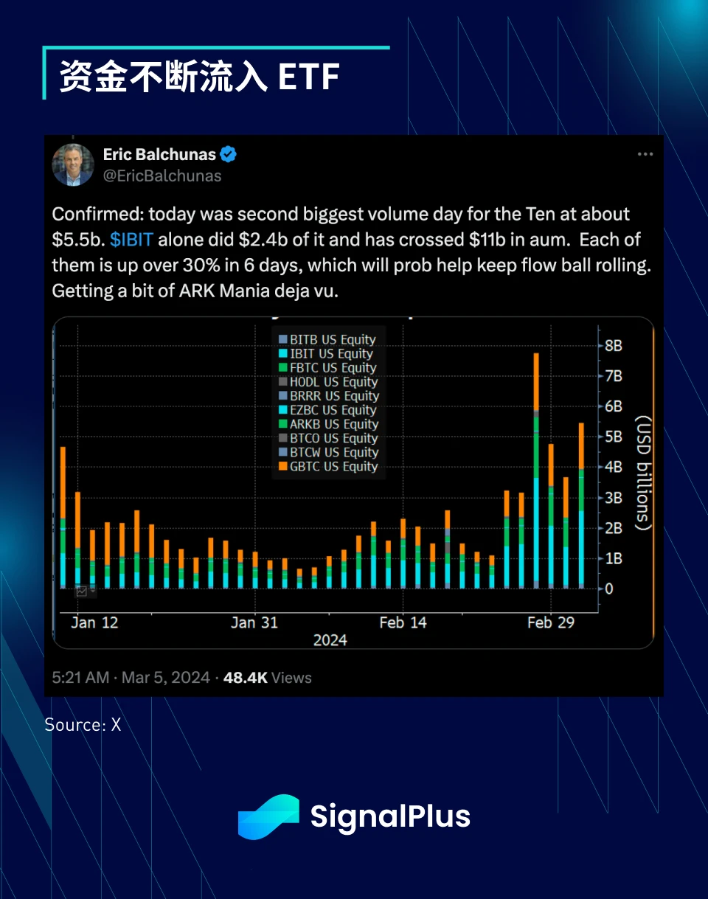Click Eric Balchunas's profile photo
click(x=73, y=164)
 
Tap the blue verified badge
click(x=229, y=155)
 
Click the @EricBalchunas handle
click(x=162, y=176)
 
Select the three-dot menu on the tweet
click(x=645, y=154)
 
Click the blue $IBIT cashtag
click(x=131, y=240)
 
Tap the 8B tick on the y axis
click(x=614, y=345)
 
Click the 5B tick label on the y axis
click(x=614, y=437)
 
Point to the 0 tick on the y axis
click(x=609, y=589)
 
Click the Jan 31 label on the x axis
click(x=254, y=622)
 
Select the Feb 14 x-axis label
click(x=403, y=622)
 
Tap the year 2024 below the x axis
click(x=330, y=639)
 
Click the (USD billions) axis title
click(x=643, y=472)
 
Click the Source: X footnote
click(x=83, y=725)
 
